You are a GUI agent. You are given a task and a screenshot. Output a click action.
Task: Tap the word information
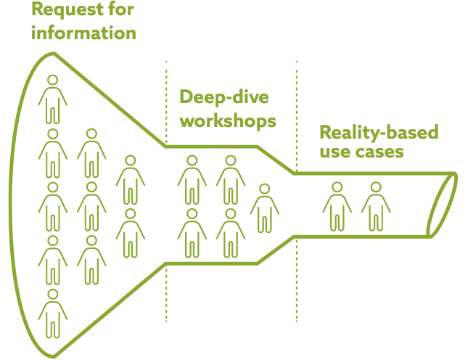point(83,33)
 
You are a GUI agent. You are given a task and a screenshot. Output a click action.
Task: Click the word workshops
point(229,119)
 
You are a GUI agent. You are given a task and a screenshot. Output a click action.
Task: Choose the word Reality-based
point(379,133)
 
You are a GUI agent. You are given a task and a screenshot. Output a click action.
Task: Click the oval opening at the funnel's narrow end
point(442,205)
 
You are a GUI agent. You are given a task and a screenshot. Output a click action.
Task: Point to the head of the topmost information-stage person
point(52,80)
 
